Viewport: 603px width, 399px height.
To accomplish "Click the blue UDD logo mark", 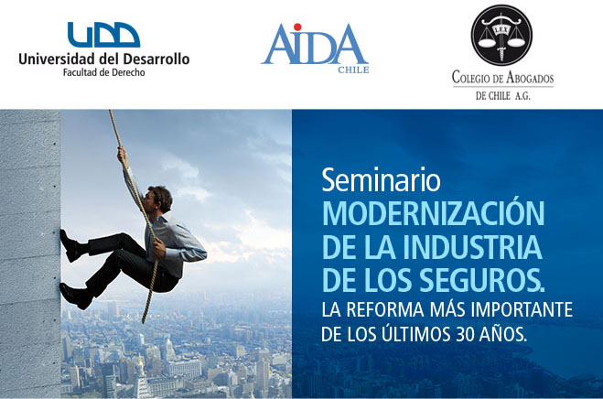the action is coord(103,35).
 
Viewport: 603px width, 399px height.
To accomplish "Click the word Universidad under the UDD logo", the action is coord(56,59).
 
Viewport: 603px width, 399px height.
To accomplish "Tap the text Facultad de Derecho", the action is coord(103,72).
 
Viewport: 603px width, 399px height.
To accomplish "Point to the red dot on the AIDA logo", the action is coord(296,27).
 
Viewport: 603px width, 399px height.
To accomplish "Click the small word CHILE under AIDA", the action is coord(353,70).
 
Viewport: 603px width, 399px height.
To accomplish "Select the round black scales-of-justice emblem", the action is coord(501,35).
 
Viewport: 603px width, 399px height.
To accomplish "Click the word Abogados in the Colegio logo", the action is coord(530,78).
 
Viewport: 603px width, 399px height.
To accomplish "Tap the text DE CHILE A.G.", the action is coord(502,96).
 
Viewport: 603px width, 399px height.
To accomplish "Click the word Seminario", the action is coord(381,179).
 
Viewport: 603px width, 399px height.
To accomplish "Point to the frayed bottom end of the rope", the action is coord(144,319).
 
